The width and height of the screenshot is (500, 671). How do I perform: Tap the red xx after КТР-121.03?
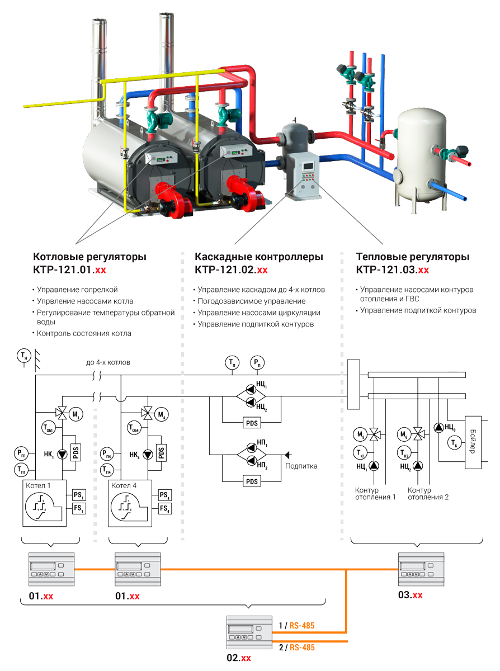(x=423, y=270)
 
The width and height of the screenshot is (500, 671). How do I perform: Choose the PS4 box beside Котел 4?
(x=164, y=495)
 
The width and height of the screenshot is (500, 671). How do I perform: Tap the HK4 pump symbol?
(x=147, y=454)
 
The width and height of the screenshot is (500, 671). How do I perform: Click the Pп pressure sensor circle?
(x=257, y=362)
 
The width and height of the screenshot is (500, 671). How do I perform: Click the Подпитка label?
(x=301, y=465)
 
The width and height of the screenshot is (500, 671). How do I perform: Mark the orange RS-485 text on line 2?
(x=301, y=648)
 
